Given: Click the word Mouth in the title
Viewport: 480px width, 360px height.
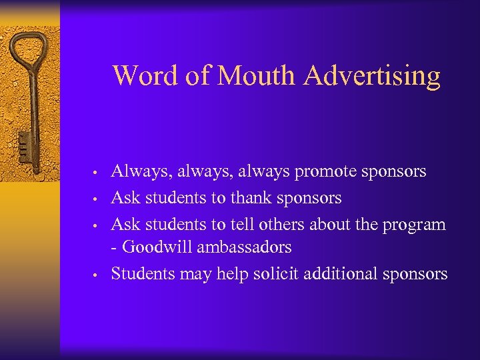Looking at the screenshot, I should (257, 76).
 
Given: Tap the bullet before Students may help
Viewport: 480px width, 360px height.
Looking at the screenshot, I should (97, 275).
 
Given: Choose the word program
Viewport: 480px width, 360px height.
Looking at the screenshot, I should (413, 225).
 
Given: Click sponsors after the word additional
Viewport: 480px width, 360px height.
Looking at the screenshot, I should (415, 274).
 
